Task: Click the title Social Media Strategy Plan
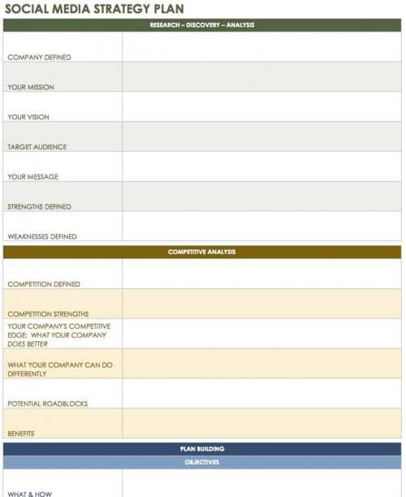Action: [x=94, y=9]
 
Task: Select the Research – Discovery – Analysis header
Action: [x=202, y=25]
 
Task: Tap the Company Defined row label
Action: [x=39, y=58]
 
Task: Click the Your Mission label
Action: [x=31, y=87]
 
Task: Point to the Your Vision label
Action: [x=28, y=117]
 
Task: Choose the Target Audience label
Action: [x=37, y=147]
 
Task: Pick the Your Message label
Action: [x=33, y=177]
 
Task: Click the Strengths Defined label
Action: [x=40, y=207]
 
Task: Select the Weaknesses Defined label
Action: [x=42, y=237]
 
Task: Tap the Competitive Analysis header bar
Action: [x=202, y=252]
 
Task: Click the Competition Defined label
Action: [x=44, y=284]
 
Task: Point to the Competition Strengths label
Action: [x=48, y=314]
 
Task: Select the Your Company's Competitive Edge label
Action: [x=59, y=335]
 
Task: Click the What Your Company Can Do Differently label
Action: [x=60, y=370]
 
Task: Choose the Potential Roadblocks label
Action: [x=48, y=404]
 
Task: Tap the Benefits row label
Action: [x=21, y=434]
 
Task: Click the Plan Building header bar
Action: [x=202, y=449]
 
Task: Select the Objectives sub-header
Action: [x=202, y=462]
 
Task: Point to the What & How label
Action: [x=30, y=493]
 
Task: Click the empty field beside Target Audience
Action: [x=261, y=136]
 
